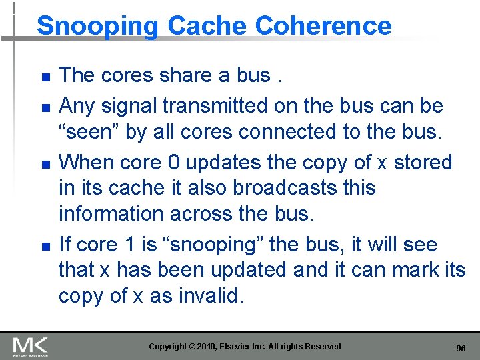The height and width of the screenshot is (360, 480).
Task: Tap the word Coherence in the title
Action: click(x=323, y=26)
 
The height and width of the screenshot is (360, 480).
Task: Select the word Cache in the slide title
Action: click(x=208, y=26)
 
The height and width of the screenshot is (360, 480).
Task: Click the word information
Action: click(x=109, y=214)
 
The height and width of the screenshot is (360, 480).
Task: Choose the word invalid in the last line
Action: click(x=210, y=296)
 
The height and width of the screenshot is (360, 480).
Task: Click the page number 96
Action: click(x=460, y=349)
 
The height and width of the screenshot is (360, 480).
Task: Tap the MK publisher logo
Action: click(x=31, y=346)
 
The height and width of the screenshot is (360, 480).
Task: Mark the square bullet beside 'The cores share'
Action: click(x=45, y=77)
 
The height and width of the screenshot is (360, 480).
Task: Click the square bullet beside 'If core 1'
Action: click(x=45, y=246)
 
